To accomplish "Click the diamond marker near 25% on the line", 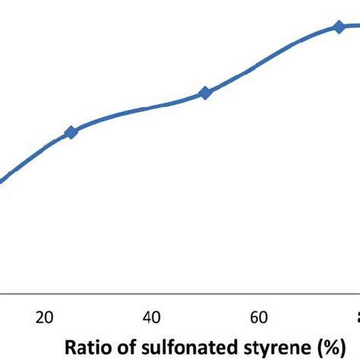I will click(x=71, y=132).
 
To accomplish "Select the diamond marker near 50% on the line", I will click(x=204, y=93).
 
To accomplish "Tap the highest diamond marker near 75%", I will click(x=339, y=27).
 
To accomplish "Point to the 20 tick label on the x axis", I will click(x=44, y=317).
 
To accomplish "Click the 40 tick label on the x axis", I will click(x=151, y=317).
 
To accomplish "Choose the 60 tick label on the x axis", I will click(x=258, y=317).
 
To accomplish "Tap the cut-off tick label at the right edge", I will click(x=357, y=317).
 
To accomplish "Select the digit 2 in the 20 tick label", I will click(x=39, y=317).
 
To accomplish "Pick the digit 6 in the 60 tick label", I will click(x=254, y=317).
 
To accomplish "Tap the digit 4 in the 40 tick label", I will click(x=147, y=317).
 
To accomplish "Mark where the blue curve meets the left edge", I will click(x=2, y=181).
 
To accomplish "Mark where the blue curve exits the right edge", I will click(x=358, y=25).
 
